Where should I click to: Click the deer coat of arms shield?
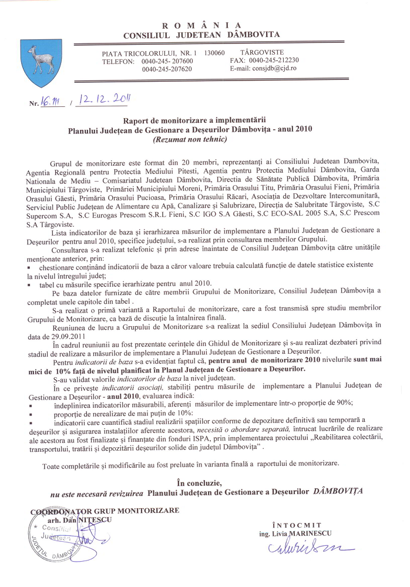point(40,62)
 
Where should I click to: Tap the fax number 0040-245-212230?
point(274,60)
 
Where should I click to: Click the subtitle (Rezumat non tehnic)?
point(190,140)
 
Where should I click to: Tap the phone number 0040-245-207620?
point(167,69)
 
